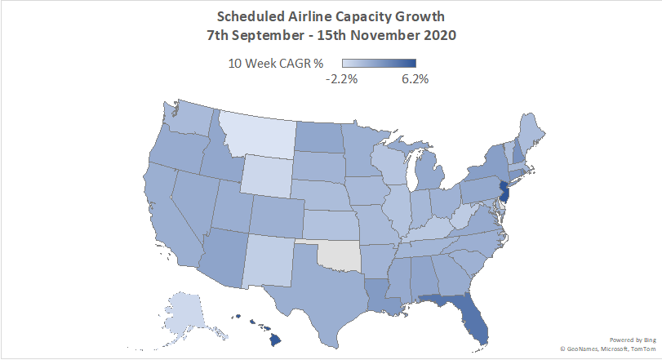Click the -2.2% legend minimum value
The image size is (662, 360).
click(x=341, y=79)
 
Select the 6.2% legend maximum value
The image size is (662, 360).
click(x=415, y=79)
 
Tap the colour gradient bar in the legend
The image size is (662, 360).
click(x=379, y=64)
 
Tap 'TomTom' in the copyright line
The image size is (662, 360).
click(x=642, y=349)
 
